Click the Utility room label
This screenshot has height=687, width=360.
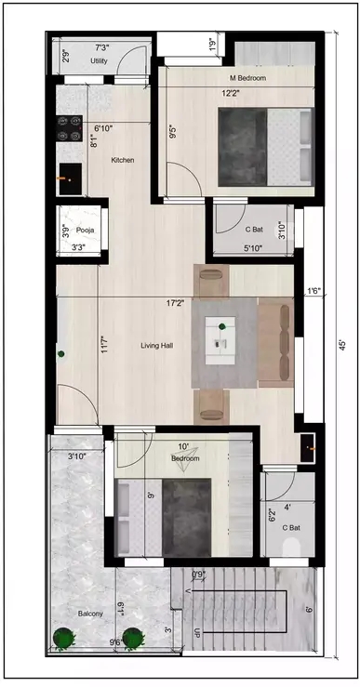[100, 60]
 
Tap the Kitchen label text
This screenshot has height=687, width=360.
[122, 160]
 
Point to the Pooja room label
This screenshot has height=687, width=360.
[85, 228]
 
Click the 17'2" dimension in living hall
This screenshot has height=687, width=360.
[175, 303]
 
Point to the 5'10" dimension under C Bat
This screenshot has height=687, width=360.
[253, 248]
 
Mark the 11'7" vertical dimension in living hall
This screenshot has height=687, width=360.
[104, 346]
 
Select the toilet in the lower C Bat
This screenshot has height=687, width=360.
[291, 549]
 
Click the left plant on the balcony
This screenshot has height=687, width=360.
[64, 640]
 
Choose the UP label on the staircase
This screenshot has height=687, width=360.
[194, 633]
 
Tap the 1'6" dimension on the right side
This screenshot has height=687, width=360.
[313, 291]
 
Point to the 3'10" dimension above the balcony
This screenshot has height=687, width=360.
[82, 456]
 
